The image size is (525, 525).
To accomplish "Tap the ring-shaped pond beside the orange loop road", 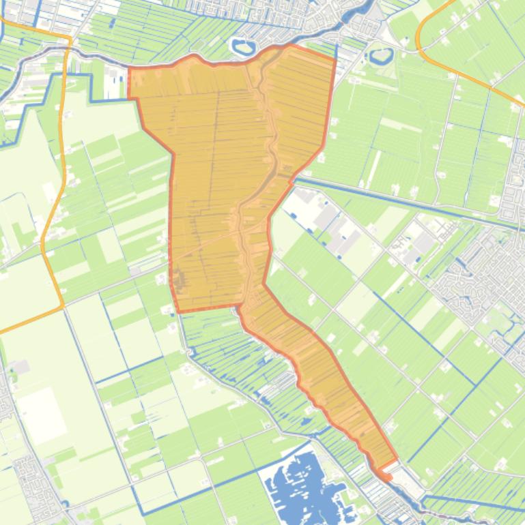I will (x=382, y=54).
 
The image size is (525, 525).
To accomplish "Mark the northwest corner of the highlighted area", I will (x=129, y=67).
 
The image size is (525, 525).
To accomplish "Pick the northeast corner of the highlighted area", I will (x=335, y=59).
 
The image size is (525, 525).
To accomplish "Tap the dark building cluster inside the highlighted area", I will (x=178, y=280).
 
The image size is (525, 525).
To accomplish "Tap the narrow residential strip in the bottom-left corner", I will (x=31, y=477).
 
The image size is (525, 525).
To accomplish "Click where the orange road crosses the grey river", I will (x=68, y=48).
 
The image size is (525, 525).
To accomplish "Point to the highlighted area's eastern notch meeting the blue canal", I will (x=294, y=179).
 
